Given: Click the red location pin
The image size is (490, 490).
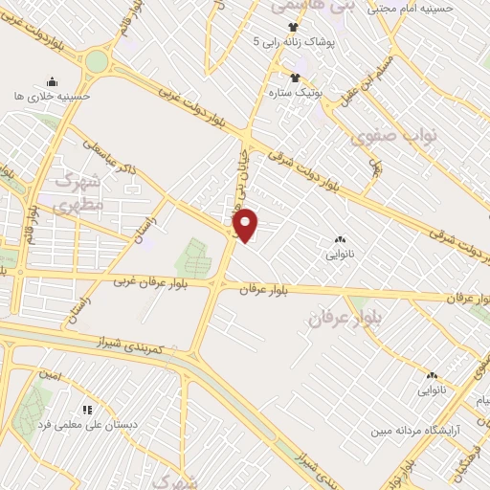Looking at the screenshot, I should (246, 225).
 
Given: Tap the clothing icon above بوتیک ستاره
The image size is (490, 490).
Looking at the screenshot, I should (294, 77).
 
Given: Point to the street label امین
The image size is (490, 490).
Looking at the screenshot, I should (51, 376).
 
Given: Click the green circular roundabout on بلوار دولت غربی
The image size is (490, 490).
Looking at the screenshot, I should (97, 62).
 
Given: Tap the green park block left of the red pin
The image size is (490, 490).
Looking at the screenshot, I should (192, 257).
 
